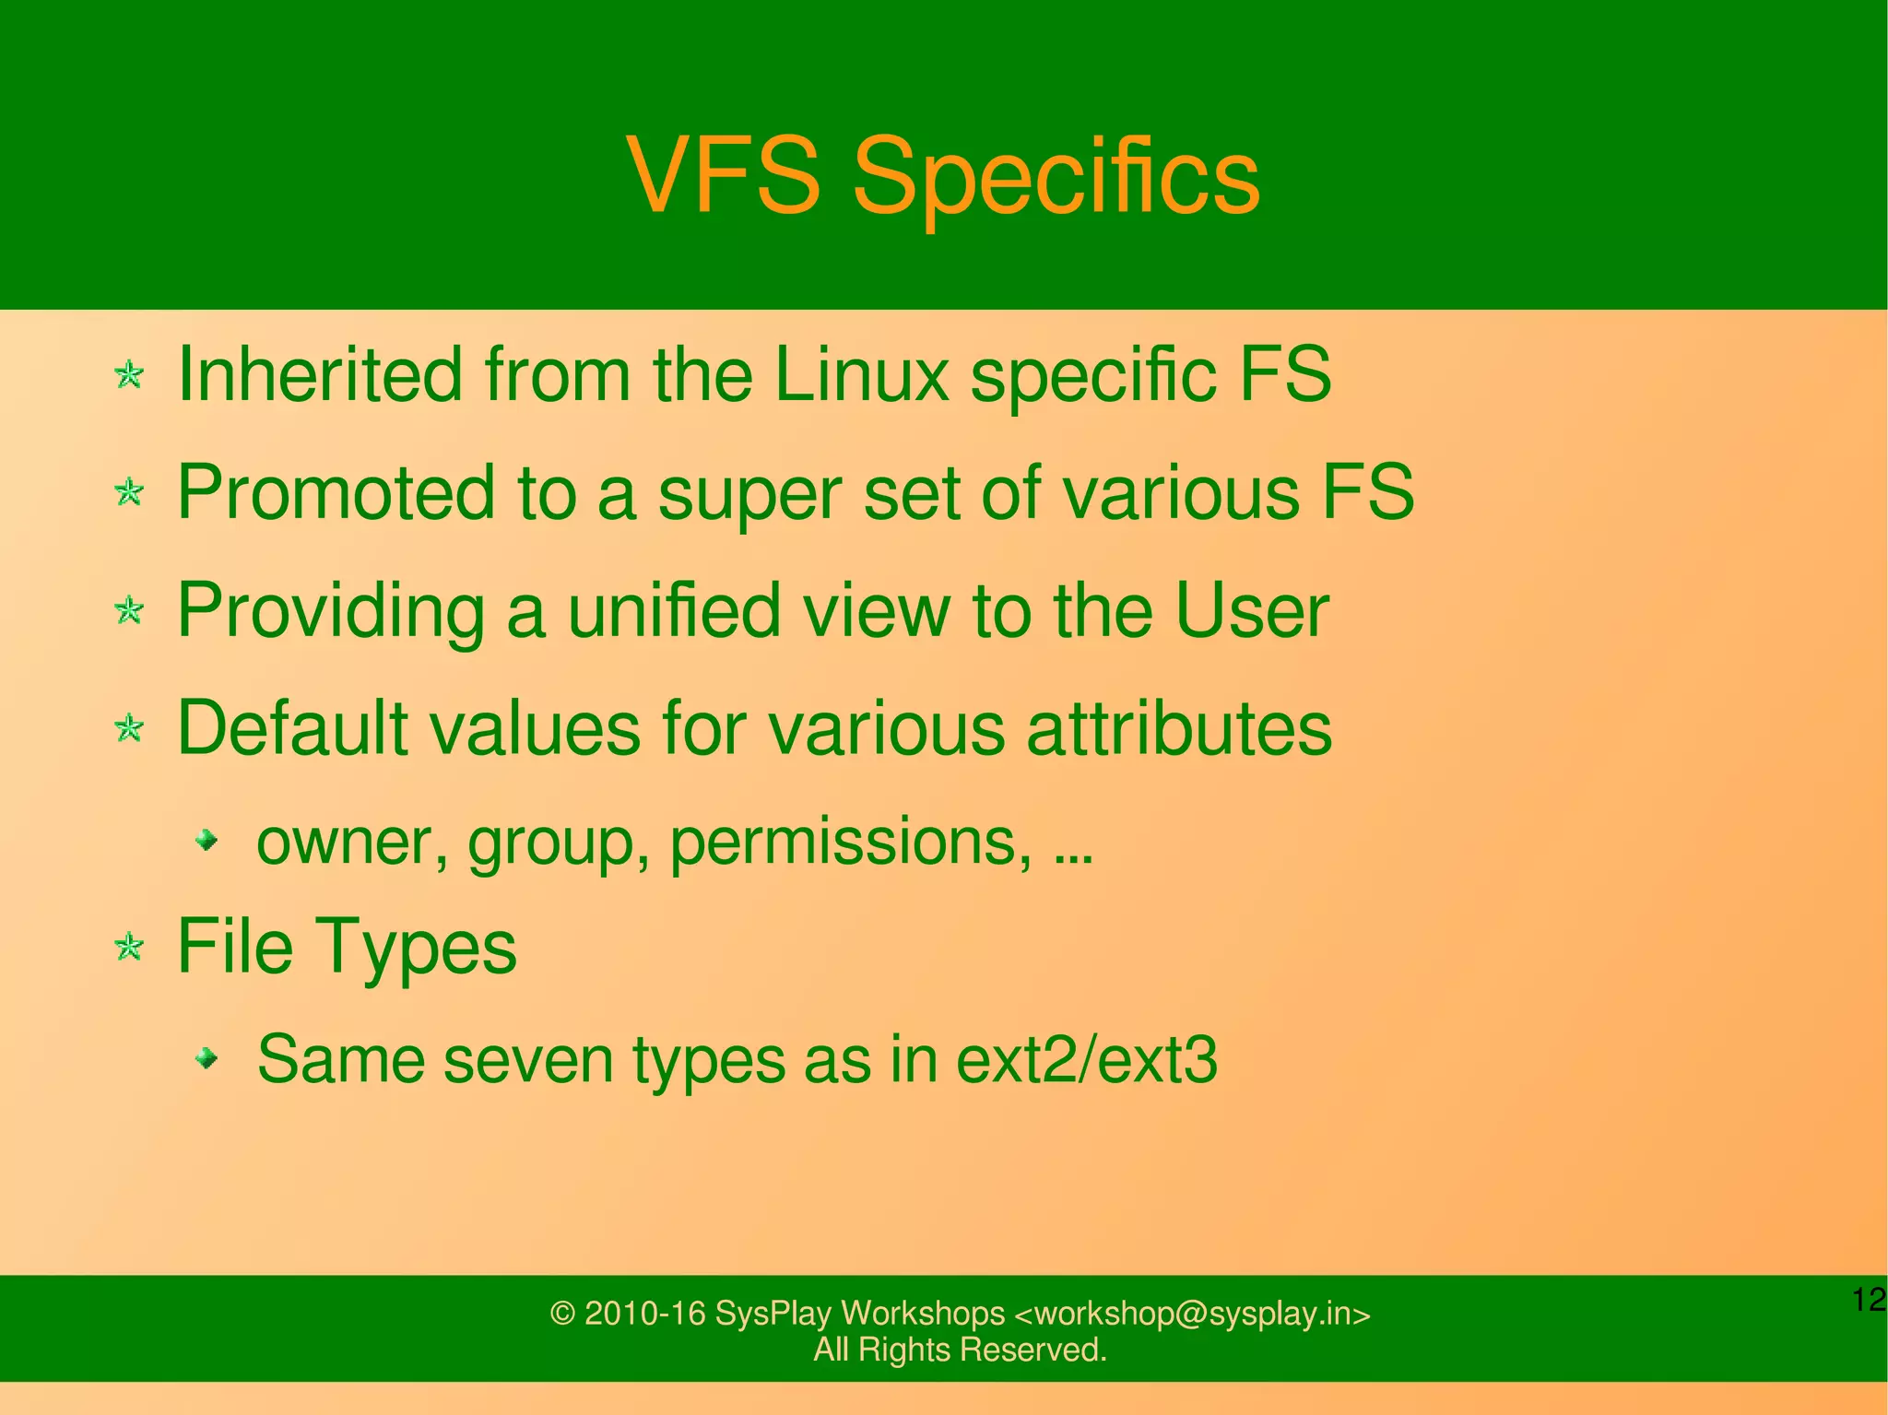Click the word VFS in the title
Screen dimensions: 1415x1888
coord(723,175)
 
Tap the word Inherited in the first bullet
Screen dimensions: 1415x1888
coord(319,374)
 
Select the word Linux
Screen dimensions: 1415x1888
coord(861,374)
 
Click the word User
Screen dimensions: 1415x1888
coord(1251,610)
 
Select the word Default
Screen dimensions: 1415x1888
coord(291,728)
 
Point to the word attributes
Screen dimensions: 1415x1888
coord(1179,728)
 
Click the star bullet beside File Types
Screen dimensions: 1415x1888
coord(130,947)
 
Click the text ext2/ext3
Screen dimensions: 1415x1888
coord(1087,1060)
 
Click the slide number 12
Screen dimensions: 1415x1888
coord(1869,1300)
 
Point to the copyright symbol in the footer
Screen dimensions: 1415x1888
coord(562,1314)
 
